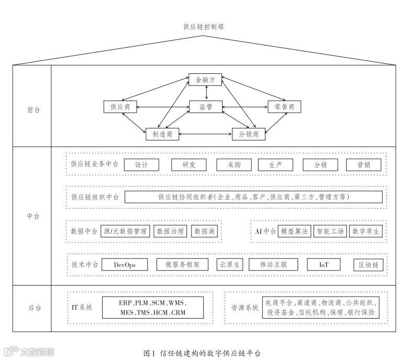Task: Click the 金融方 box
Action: click(205, 80)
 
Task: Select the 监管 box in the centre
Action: click(205, 107)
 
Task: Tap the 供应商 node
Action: click(120, 107)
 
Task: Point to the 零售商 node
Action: click(284, 107)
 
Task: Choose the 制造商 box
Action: click(162, 135)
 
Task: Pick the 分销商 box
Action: click(249, 135)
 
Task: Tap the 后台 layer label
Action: click(33, 308)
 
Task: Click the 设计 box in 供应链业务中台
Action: click(141, 165)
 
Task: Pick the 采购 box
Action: click(234, 165)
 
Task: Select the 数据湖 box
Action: click(205, 231)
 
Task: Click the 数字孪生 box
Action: click(366, 231)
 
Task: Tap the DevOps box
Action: click(125, 265)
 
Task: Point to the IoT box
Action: click(324, 265)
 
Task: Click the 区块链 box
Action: click(368, 265)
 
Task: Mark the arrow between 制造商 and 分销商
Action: click(205, 135)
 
